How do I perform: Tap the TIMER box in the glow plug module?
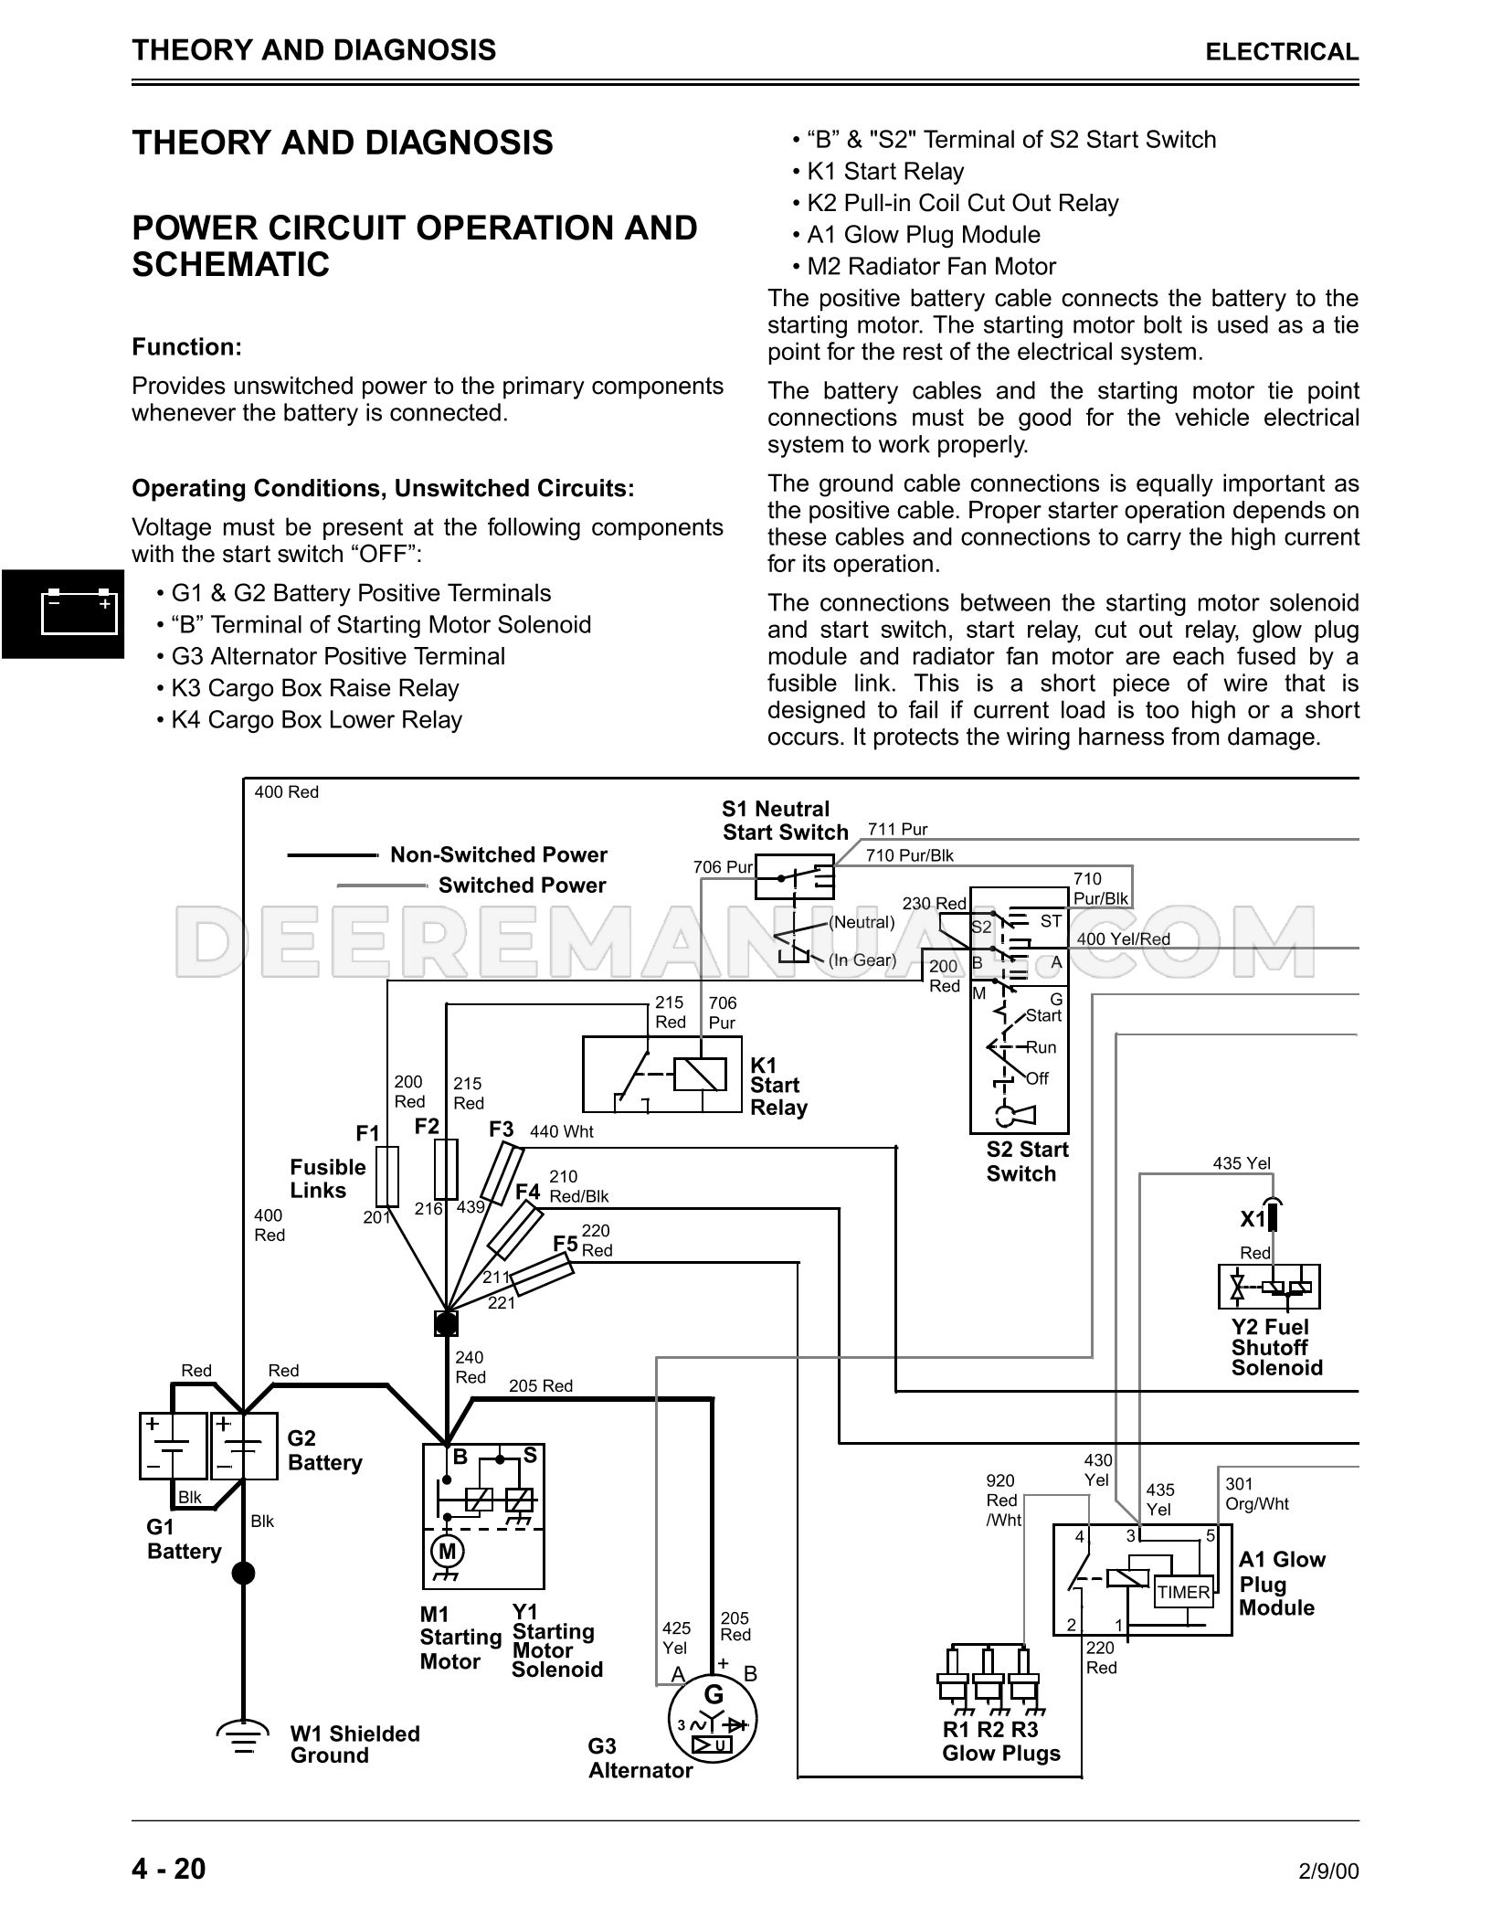point(1183,1593)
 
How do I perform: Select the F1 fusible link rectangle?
point(387,1176)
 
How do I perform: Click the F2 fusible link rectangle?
point(446,1168)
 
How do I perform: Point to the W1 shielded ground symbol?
point(243,1739)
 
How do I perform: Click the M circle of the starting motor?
point(447,1551)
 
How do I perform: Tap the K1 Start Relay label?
point(778,1087)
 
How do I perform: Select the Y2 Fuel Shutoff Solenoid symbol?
point(1269,1288)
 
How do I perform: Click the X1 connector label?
point(1253,1220)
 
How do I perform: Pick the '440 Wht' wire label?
point(561,1132)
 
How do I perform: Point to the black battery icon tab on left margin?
point(63,613)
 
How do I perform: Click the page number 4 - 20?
point(169,1869)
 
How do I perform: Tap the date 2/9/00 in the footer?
point(1328,1872)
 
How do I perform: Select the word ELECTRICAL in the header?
point(1282,52)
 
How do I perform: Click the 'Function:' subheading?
point(187,347)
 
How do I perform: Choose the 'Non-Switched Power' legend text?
point(499,855)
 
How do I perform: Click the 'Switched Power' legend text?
point(522,885)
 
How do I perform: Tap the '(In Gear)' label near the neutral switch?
point(862,960)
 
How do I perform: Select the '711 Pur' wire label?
point(897,830)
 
